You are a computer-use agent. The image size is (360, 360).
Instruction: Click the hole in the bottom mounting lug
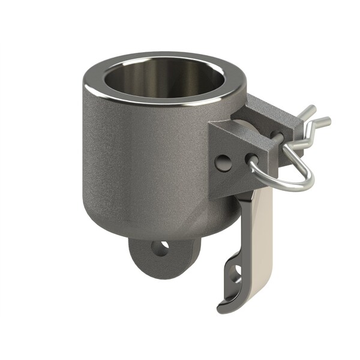pos(160,248)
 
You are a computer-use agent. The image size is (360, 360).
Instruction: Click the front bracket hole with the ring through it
pos(253,160)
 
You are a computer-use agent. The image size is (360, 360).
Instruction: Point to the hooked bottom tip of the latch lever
pos(223,308)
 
